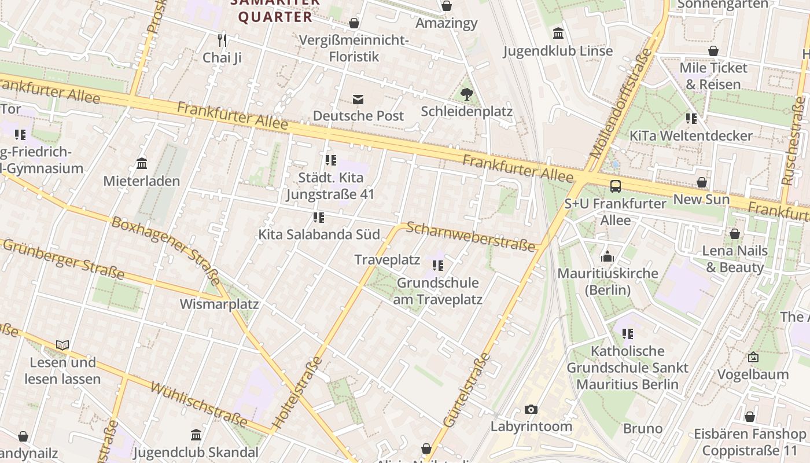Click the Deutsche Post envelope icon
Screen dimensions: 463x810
pos(359,99)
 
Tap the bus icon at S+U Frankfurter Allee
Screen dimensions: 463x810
pos(616,186)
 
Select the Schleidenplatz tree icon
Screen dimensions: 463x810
pos(466,94)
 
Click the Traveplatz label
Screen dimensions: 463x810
pos(387,259)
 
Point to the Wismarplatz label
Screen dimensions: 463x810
pos(219,304)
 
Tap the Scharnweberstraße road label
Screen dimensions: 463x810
pos(470,237)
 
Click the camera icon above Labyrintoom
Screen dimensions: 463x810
pos(531,410)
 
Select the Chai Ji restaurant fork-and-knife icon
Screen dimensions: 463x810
pos(222,40)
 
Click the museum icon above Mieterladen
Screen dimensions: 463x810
pos(142,164)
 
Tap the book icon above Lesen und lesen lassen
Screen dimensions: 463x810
pos(62,346)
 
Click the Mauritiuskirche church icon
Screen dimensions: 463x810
pos(607,256)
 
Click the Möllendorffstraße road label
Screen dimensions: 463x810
pos(621,104)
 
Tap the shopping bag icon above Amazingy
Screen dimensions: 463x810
pos(447,6)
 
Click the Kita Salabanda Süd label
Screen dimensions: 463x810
pos(319,234)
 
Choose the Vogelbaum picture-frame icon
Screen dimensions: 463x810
pos(753,357)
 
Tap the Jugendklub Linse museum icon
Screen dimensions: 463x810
pos(558,34)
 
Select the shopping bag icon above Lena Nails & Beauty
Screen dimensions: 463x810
pos(735,234)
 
